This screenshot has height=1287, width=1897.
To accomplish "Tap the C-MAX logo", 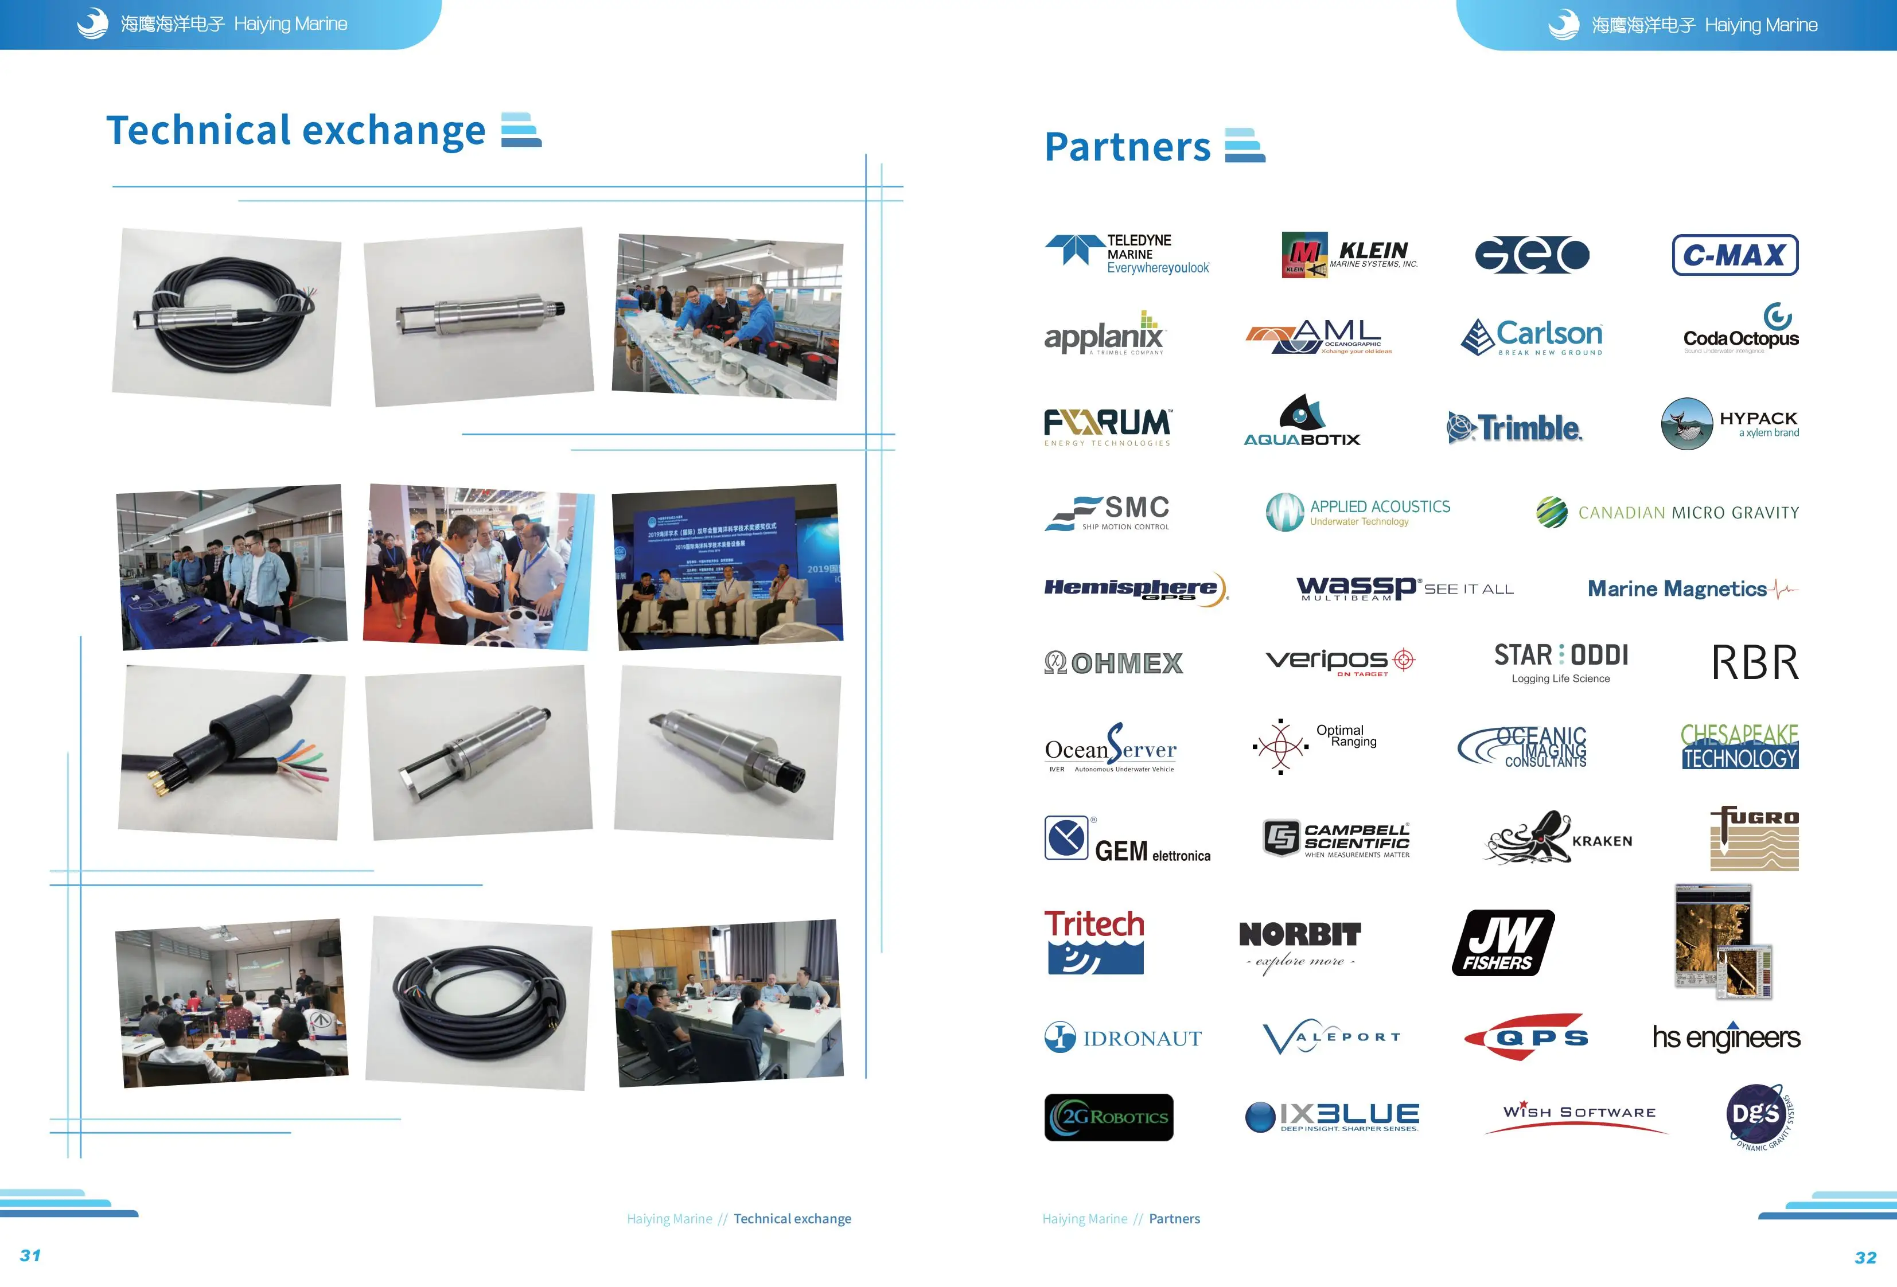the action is tap(1735, 255).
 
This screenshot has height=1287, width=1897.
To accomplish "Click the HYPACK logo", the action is tap(1729, 424).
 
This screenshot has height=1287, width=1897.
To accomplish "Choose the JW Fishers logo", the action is tap(1503, 943).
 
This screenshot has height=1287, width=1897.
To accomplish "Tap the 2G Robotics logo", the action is tap(1108, 1117).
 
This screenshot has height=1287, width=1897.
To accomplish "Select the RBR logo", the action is tap(1755, 662).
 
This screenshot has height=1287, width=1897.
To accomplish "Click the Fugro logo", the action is tap(1754, 838).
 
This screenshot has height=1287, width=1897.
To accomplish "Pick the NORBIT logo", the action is tap(1299, 943).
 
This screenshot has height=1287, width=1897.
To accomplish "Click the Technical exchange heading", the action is tap(295, 131).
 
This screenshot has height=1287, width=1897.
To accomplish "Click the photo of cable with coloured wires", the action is tap(232, 752).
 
